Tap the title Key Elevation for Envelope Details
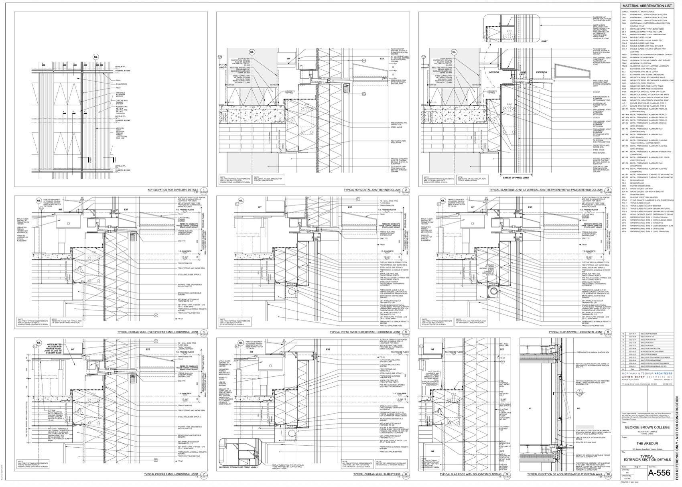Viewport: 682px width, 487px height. click(173, 190)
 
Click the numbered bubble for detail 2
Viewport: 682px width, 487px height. click(406, 190)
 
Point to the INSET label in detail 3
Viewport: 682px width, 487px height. click(544, 41)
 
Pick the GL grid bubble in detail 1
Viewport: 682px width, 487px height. click(95, 57)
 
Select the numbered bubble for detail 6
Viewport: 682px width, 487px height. click(609, 332)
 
